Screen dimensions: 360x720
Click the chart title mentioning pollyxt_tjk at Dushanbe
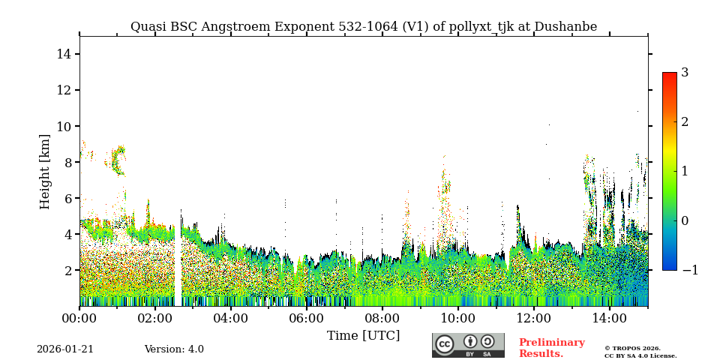[364, 27]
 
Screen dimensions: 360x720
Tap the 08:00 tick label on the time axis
[382, 319]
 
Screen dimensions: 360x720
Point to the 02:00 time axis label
[155, 319]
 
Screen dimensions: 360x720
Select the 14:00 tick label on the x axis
[609, 319]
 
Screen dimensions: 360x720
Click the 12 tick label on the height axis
[64, 90]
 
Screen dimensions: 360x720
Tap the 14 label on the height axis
[64, 54]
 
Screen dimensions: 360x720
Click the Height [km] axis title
[45, 171]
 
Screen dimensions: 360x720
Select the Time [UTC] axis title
[363, 335]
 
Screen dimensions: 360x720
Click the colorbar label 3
[685, 73]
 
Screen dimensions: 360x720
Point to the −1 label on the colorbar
[689, 270]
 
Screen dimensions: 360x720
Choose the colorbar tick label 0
[685, 220]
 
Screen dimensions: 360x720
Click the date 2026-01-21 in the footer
[65, 349]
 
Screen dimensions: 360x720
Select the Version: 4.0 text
[174, 349]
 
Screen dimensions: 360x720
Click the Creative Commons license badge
[468, 345]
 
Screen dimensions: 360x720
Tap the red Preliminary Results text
[551, 348]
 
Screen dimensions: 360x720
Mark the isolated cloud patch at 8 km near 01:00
[118, 160]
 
